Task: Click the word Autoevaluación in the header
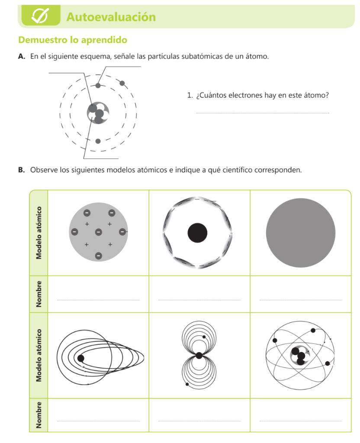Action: tap(111, 17)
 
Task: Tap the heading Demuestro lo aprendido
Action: tap(73, 40)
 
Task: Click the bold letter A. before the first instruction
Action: tap(22, 57)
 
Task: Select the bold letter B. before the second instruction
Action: tap(22, 170)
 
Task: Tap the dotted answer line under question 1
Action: tap(262, 113)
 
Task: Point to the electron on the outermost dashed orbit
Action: tap(122, 83)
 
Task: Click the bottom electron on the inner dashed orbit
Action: tap(98, 141)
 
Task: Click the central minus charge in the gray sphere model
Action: tap(98, 232)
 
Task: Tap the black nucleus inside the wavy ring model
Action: tap(198, 233)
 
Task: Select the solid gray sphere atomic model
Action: tap(301, 232)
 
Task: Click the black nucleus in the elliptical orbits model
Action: tap(80, 358)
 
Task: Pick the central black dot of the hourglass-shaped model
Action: tap(199, 356)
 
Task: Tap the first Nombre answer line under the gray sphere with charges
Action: tap(98, 299)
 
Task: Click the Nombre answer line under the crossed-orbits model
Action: tap(301, 421)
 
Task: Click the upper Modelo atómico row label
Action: tap(39, 232)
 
